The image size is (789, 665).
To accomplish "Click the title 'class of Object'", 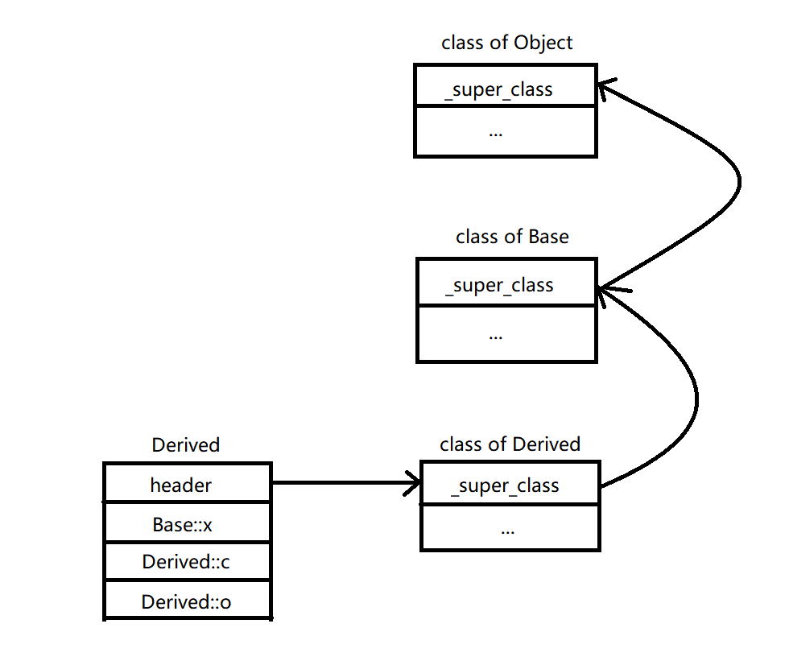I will coord(506,43).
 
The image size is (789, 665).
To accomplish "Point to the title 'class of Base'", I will coord(512,237).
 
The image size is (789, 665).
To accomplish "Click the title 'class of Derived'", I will coord(510,444).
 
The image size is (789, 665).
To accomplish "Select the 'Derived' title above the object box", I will coord(185,444).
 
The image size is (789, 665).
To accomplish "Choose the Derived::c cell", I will coord(187,561).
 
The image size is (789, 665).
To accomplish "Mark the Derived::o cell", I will coord(187,601).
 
